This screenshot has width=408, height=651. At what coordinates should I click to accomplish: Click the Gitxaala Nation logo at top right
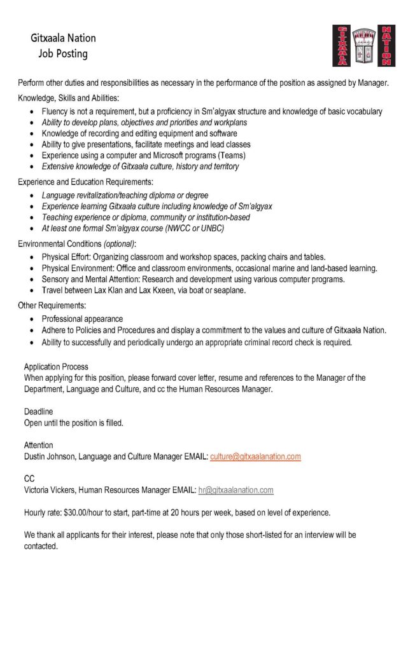(363, 46)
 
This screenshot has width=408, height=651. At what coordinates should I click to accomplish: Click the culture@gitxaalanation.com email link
(255, 456)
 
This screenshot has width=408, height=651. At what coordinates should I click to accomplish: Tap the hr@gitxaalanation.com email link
(236, 490)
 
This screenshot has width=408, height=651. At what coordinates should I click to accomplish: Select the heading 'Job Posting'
(63, 54)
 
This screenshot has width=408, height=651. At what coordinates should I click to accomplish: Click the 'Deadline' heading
(39, 412)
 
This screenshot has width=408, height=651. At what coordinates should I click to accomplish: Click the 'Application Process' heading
(56, 367)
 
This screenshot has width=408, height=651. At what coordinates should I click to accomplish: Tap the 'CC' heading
(29, 478)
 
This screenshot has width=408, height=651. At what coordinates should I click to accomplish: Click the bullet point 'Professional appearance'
(82, 319)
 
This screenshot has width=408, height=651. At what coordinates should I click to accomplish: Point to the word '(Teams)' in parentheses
(232, 155)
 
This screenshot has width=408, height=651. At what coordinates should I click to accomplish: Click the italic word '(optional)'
(119, 244)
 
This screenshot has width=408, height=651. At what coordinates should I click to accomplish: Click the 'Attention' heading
(39, 445)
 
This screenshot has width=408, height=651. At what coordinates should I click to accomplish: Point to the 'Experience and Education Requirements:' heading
(81, 182)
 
